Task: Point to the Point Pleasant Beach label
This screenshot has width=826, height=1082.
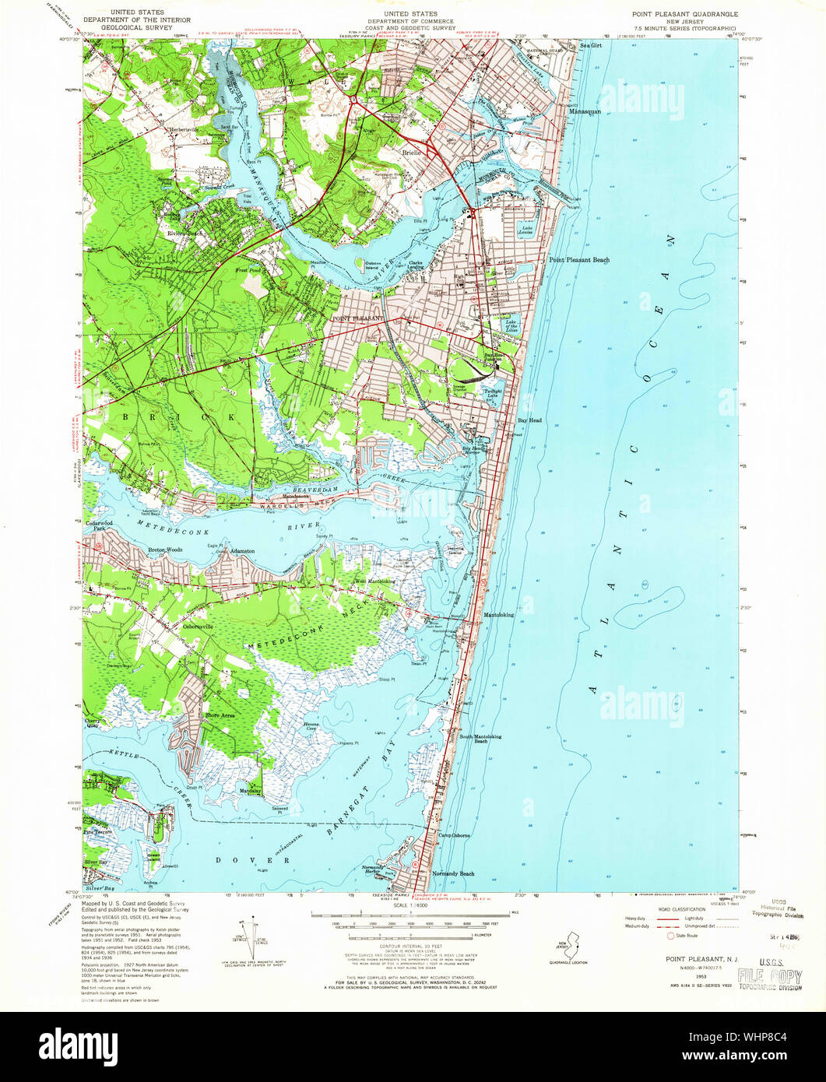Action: pyautogui.click(x=579, y=260)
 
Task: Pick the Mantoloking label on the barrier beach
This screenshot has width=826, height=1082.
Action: pyautogui.click(x=498, y=615)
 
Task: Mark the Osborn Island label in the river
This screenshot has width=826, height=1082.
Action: pyautogui.click(x=380, y=265)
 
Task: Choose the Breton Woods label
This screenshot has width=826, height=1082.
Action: pyautogui.click(x=164, y=550)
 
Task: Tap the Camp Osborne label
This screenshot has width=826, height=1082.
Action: pyautogui.click(x=454, y=835)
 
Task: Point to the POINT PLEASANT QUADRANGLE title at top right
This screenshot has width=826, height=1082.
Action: pyautogui.click(x=685, y=14)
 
